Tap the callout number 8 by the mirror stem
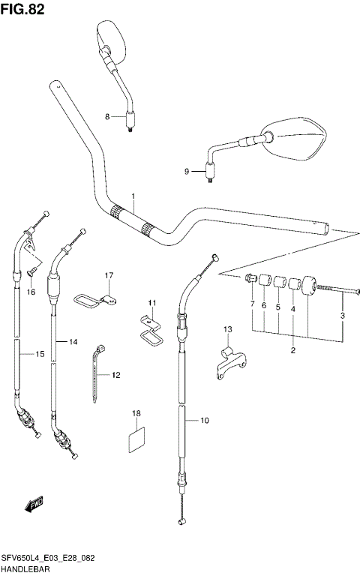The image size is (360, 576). [107, 116]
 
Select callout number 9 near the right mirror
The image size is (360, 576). [187, 172]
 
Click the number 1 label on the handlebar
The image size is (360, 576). [133, 198]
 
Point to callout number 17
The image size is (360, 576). [108, 276]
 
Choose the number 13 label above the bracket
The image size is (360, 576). [228, 329]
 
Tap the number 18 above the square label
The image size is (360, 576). [136, 413]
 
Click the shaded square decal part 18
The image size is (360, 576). [136, 438]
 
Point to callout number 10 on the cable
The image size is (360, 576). [205, 421]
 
